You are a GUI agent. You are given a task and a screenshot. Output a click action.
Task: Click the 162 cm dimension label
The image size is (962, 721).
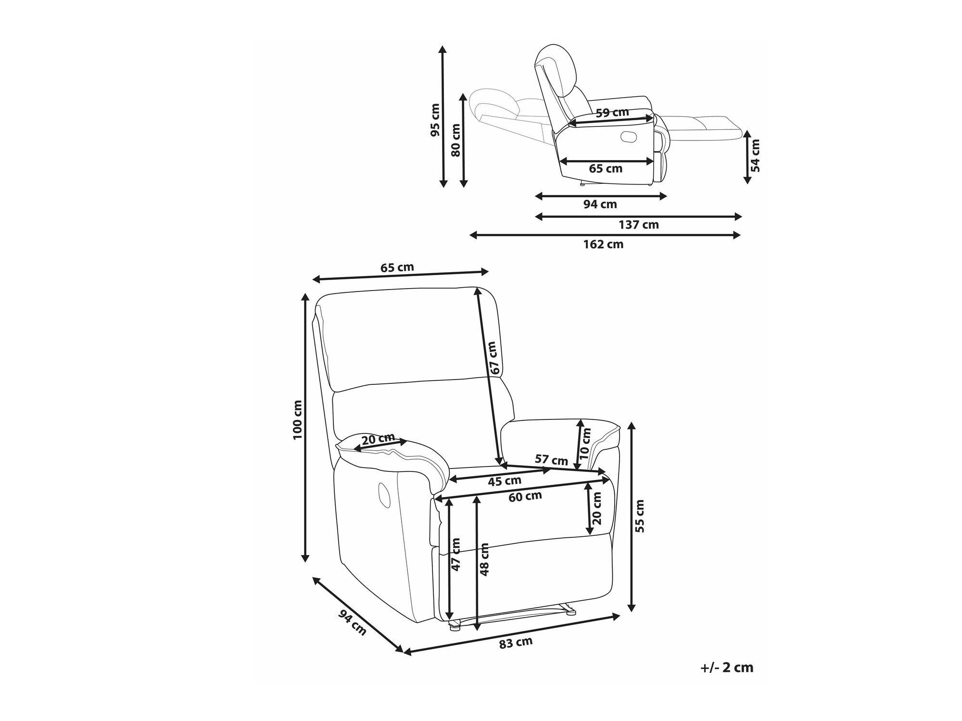point(603,244)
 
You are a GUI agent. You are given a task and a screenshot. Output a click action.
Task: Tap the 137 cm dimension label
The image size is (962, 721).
point(638,225)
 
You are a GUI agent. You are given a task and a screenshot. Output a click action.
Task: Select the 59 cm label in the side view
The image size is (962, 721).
point(612,113)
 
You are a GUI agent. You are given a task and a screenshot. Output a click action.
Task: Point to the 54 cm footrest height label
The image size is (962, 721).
point(755,155)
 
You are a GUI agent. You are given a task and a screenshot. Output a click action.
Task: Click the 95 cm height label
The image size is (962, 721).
point(435,120)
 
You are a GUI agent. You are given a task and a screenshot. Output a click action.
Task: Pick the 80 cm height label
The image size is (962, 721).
point(456,140)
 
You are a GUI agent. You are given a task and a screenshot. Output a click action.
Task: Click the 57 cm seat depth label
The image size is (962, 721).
point(551,460)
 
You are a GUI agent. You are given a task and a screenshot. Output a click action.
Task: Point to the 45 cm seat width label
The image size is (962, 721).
point(505,481)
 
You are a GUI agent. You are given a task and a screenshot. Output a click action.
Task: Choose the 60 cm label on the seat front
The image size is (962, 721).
point(525,496)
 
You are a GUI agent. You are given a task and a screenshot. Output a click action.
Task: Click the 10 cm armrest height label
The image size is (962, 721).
point(585,443)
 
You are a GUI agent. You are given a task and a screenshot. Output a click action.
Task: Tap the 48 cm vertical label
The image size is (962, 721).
point(484,559)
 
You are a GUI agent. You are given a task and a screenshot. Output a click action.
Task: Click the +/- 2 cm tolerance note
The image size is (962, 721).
point(727,668)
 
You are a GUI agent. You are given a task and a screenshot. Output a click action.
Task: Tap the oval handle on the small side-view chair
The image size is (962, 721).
point(628,137)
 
